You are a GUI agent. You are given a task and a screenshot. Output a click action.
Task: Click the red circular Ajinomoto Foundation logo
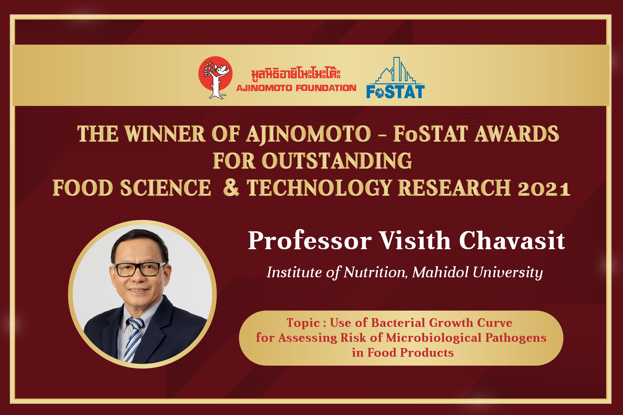pyautogui.click(x=215, y=77)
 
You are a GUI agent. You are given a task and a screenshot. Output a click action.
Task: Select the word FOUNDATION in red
pyautogui.click(x=326, y=88)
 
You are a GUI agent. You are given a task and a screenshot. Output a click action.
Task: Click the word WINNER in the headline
pyautogui.click(x=165, y=134)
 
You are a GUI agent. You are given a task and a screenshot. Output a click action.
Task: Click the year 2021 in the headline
pyautogui.click(x=544, y=189)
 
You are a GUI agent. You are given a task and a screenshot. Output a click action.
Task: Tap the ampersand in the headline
pyautogui.click(x=231, y=188)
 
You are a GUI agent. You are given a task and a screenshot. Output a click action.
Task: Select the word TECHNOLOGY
pyautogui.click(x=319, y=188)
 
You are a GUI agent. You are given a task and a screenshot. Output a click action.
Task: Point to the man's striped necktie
pyautogui.click(x=134, y=340)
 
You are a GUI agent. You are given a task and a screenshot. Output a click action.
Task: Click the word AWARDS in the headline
pyautogui.click(x=517, y=134)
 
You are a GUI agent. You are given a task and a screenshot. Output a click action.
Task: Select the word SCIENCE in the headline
pyautogui.click(x=165, y=188)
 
